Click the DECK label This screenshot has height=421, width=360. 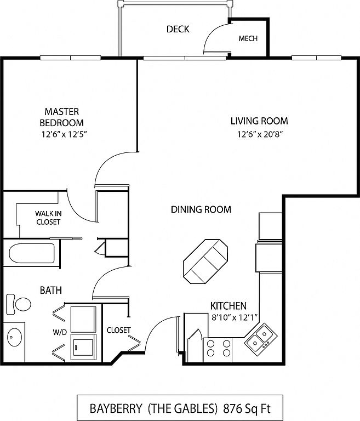tap(178, 29)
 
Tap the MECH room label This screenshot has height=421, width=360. tap(248, 38)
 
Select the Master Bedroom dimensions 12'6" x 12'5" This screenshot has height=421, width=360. tap(65, 134)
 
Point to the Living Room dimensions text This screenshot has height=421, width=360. tap(260, 134)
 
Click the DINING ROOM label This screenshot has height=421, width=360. tap(201, 209)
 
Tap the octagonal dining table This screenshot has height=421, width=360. tap(205, 261)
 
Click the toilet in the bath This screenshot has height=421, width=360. tap(18, 304)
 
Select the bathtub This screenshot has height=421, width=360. tap(32, 253)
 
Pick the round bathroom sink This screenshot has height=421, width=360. tap(14, 337)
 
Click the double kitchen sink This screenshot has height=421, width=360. tap(261, 339)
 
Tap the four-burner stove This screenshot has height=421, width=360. tap(218, 350)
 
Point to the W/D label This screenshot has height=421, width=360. tap(60, 332)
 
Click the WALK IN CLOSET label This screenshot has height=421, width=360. tap(48, 218)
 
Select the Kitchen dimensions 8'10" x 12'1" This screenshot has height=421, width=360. tap(235, 317)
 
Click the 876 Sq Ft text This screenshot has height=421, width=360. tap(247, 408)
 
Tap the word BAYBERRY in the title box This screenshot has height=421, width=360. tap(116, 408)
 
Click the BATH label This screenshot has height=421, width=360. tap(51, 290)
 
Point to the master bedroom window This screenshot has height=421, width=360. tap(70, 58)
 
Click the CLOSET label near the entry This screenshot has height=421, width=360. tap(119, 330)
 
